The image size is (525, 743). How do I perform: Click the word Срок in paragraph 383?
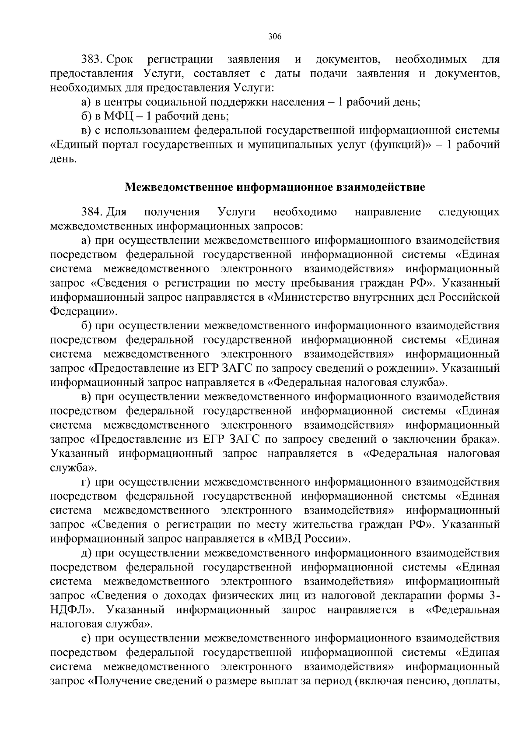pos(121,59)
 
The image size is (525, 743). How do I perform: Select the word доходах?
pos(194,595)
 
